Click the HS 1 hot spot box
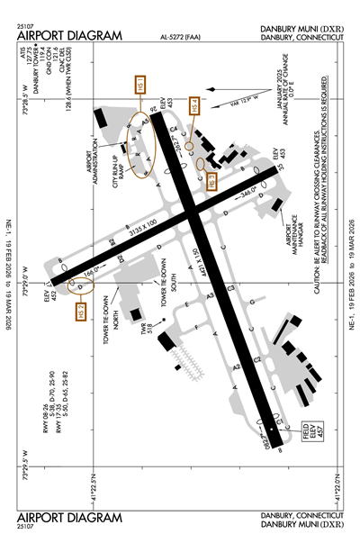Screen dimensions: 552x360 click(139, 87)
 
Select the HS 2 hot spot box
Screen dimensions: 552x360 click(80, 312)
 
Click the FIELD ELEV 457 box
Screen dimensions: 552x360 click(288, 441)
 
